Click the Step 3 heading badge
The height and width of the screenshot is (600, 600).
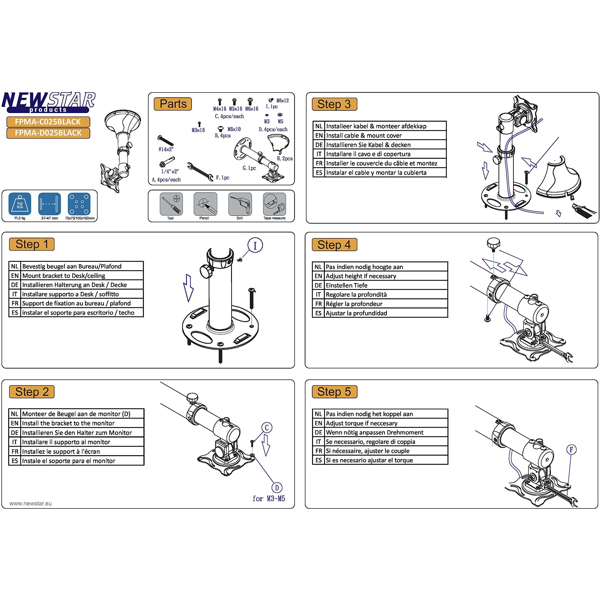(x=334, y=104)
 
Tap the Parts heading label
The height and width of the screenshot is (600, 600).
(x=173, y=104)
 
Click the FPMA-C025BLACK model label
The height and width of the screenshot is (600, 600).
(x=48, y=122)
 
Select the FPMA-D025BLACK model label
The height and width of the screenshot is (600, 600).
(x=48, y=133)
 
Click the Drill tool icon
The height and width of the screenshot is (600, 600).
(x=240, y=204)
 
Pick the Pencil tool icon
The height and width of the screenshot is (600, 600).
(x=205, y=204)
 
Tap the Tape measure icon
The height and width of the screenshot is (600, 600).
(x=274, y=204)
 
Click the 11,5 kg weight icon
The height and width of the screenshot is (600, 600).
(x=20, y=204)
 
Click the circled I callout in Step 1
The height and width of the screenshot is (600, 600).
(x=255, y=245)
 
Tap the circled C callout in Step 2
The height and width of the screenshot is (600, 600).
(x=267, y=428)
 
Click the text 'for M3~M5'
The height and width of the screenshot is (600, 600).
(x=269, y=499)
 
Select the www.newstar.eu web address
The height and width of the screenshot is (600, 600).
(x=30, y=503)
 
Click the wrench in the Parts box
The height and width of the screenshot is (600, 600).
(x=200, y=171)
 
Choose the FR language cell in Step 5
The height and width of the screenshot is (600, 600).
(x=318, y=451)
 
